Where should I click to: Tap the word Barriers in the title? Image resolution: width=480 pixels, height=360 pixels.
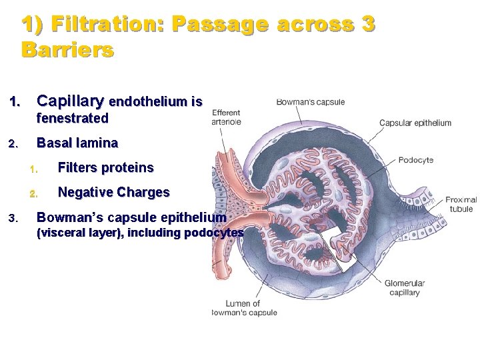point(67,49)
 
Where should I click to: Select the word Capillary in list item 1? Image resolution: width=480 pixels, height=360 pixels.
point(70,101)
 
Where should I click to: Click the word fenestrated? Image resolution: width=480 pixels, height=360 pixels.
point(73,119)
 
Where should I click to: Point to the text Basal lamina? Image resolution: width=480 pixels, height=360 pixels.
point(77,143)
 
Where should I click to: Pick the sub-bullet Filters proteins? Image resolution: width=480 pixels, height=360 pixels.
point(106,167)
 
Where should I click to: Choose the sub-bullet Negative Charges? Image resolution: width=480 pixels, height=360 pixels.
point(114,193)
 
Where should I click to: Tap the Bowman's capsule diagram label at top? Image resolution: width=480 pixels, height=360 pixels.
point(310,102)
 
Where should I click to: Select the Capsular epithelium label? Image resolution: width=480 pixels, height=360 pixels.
point(415,123)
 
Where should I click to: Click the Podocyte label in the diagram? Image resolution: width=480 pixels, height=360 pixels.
point(416,160)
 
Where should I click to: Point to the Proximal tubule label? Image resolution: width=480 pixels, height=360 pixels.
point(461,204)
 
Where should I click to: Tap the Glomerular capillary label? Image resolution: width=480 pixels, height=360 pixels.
point(404,288)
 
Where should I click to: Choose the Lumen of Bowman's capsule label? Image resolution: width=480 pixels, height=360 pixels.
point(243,308)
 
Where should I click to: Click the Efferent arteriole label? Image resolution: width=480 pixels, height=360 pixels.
point(227,117)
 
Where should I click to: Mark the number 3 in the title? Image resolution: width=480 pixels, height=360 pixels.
point(367,25)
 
